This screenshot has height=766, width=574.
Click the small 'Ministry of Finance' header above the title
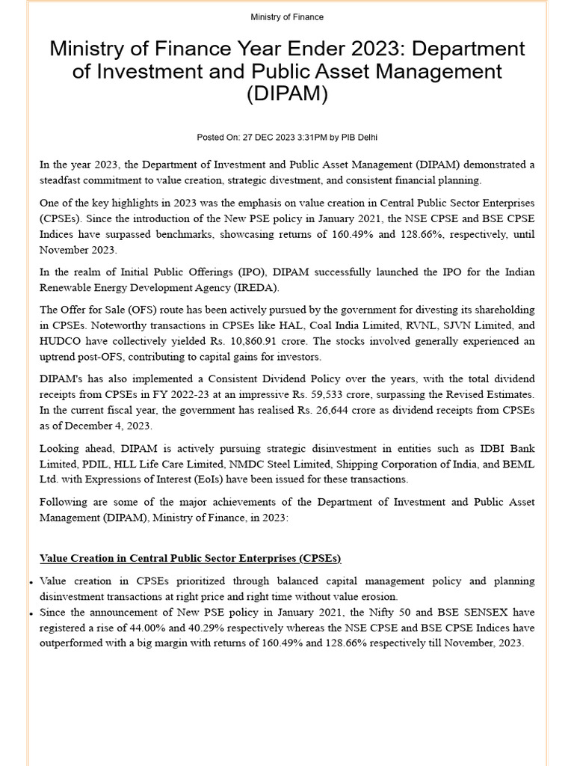(x=287, y=17)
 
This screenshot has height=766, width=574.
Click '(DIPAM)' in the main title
(x=287, y=96)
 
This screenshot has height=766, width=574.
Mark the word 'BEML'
(x=519, y=464)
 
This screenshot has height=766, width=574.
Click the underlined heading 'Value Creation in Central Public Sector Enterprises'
(x=190, y=559)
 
